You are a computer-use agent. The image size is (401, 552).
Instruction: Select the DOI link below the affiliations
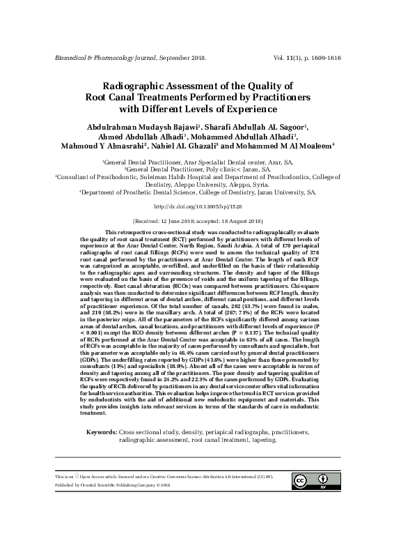pos(200,206)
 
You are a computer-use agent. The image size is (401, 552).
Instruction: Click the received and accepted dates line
pos(200,219)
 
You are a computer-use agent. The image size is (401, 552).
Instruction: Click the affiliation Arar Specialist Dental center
pos(200,161)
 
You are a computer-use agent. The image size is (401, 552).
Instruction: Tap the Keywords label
pos(100,433)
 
